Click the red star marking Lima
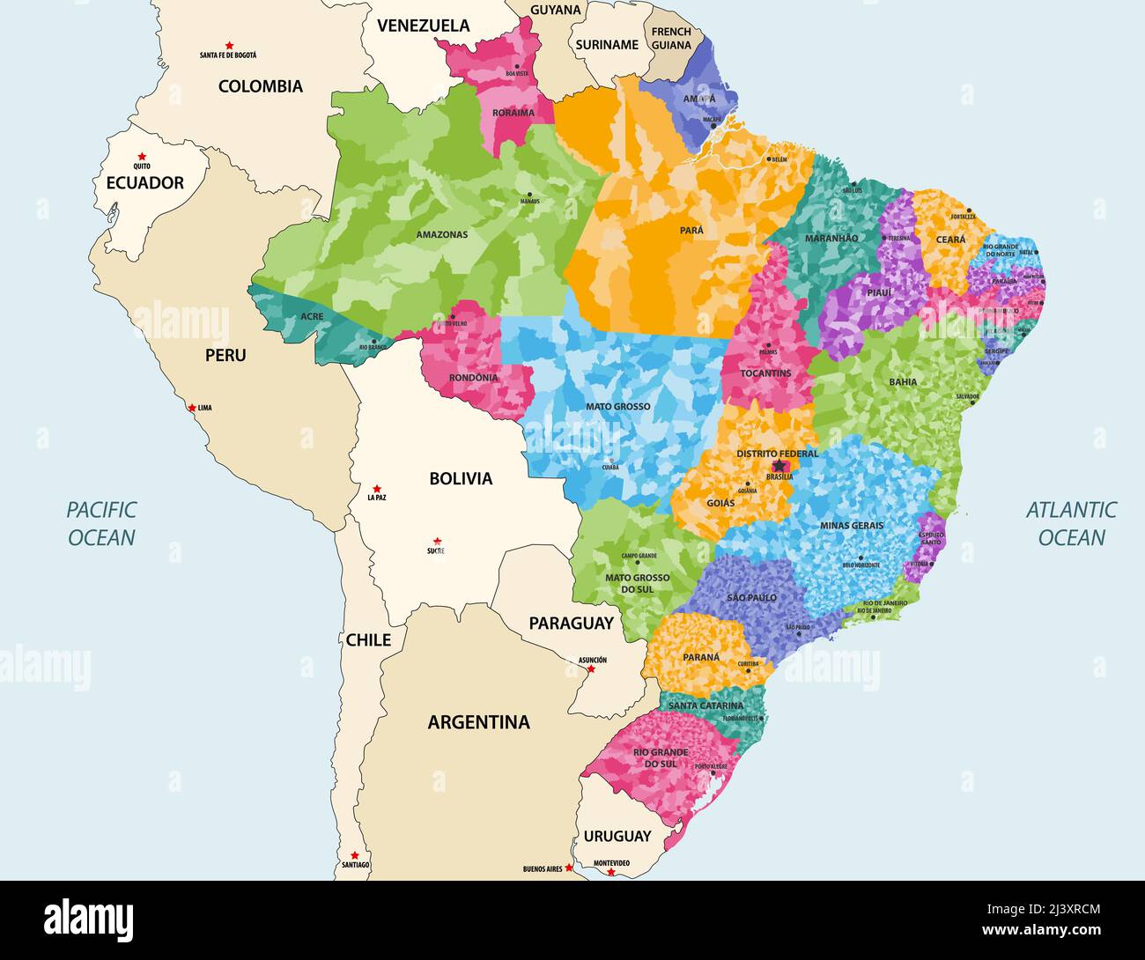coord(191,408)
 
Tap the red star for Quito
coord(142,156)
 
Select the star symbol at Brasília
coord(779,466)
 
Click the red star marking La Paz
coord(376,488)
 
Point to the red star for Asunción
coord(591,668)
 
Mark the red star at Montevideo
coord(610,872)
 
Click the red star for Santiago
coord(354,855)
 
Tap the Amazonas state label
coord(441,235)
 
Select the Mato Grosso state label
coord(618,407)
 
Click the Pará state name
coord(691,230)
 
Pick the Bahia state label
coord(903,382)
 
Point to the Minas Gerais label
coord(851,526)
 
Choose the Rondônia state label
coord(473,378)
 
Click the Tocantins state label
coord(765,373)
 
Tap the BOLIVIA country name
coord(461,479)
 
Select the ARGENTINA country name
coord(478,722)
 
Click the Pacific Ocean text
coord(101,523)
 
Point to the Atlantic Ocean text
coord(1071,523)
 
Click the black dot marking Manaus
coord(529,194)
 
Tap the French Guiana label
coord(671,39)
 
